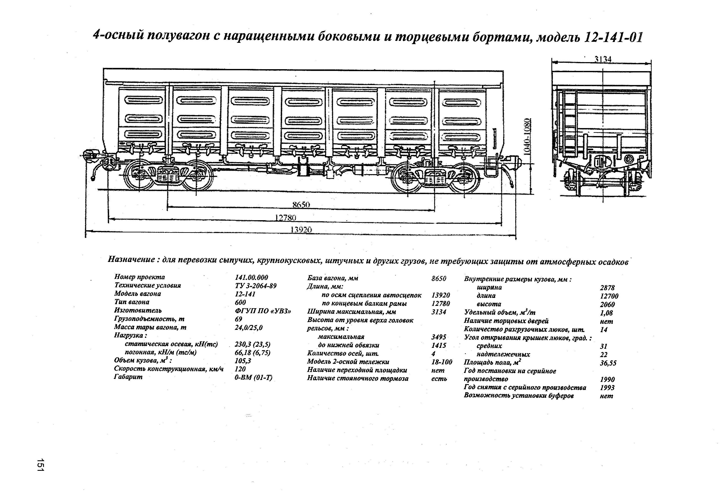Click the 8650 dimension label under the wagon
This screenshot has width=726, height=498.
click(x=301, y=205)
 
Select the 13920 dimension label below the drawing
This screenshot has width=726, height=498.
click(x=301, y=230)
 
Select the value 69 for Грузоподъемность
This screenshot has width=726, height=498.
click(x=238, y=319)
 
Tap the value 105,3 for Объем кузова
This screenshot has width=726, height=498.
click(x=243, y=361)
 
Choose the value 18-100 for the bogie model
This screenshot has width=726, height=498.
click(x=441, y=362)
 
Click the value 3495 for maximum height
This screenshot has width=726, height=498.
click(x=439, y=337)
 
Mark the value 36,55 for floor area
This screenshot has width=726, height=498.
click(x=608, y=363)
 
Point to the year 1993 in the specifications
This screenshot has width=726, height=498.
click(x=607, y=387)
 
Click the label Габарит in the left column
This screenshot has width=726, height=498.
click(x=128, y=377)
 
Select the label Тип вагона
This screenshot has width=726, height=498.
click(x=132, y=302)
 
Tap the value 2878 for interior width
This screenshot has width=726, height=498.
click(x=607, y=288)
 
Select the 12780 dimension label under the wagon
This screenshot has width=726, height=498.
click(x=285, y=217)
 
